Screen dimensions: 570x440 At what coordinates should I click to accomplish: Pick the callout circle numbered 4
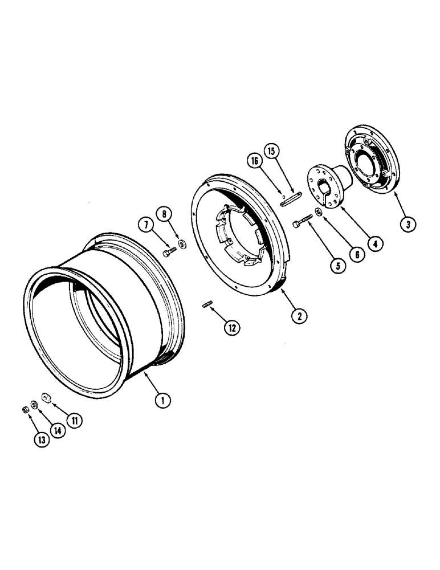374,244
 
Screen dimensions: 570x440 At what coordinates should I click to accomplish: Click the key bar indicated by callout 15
291,199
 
